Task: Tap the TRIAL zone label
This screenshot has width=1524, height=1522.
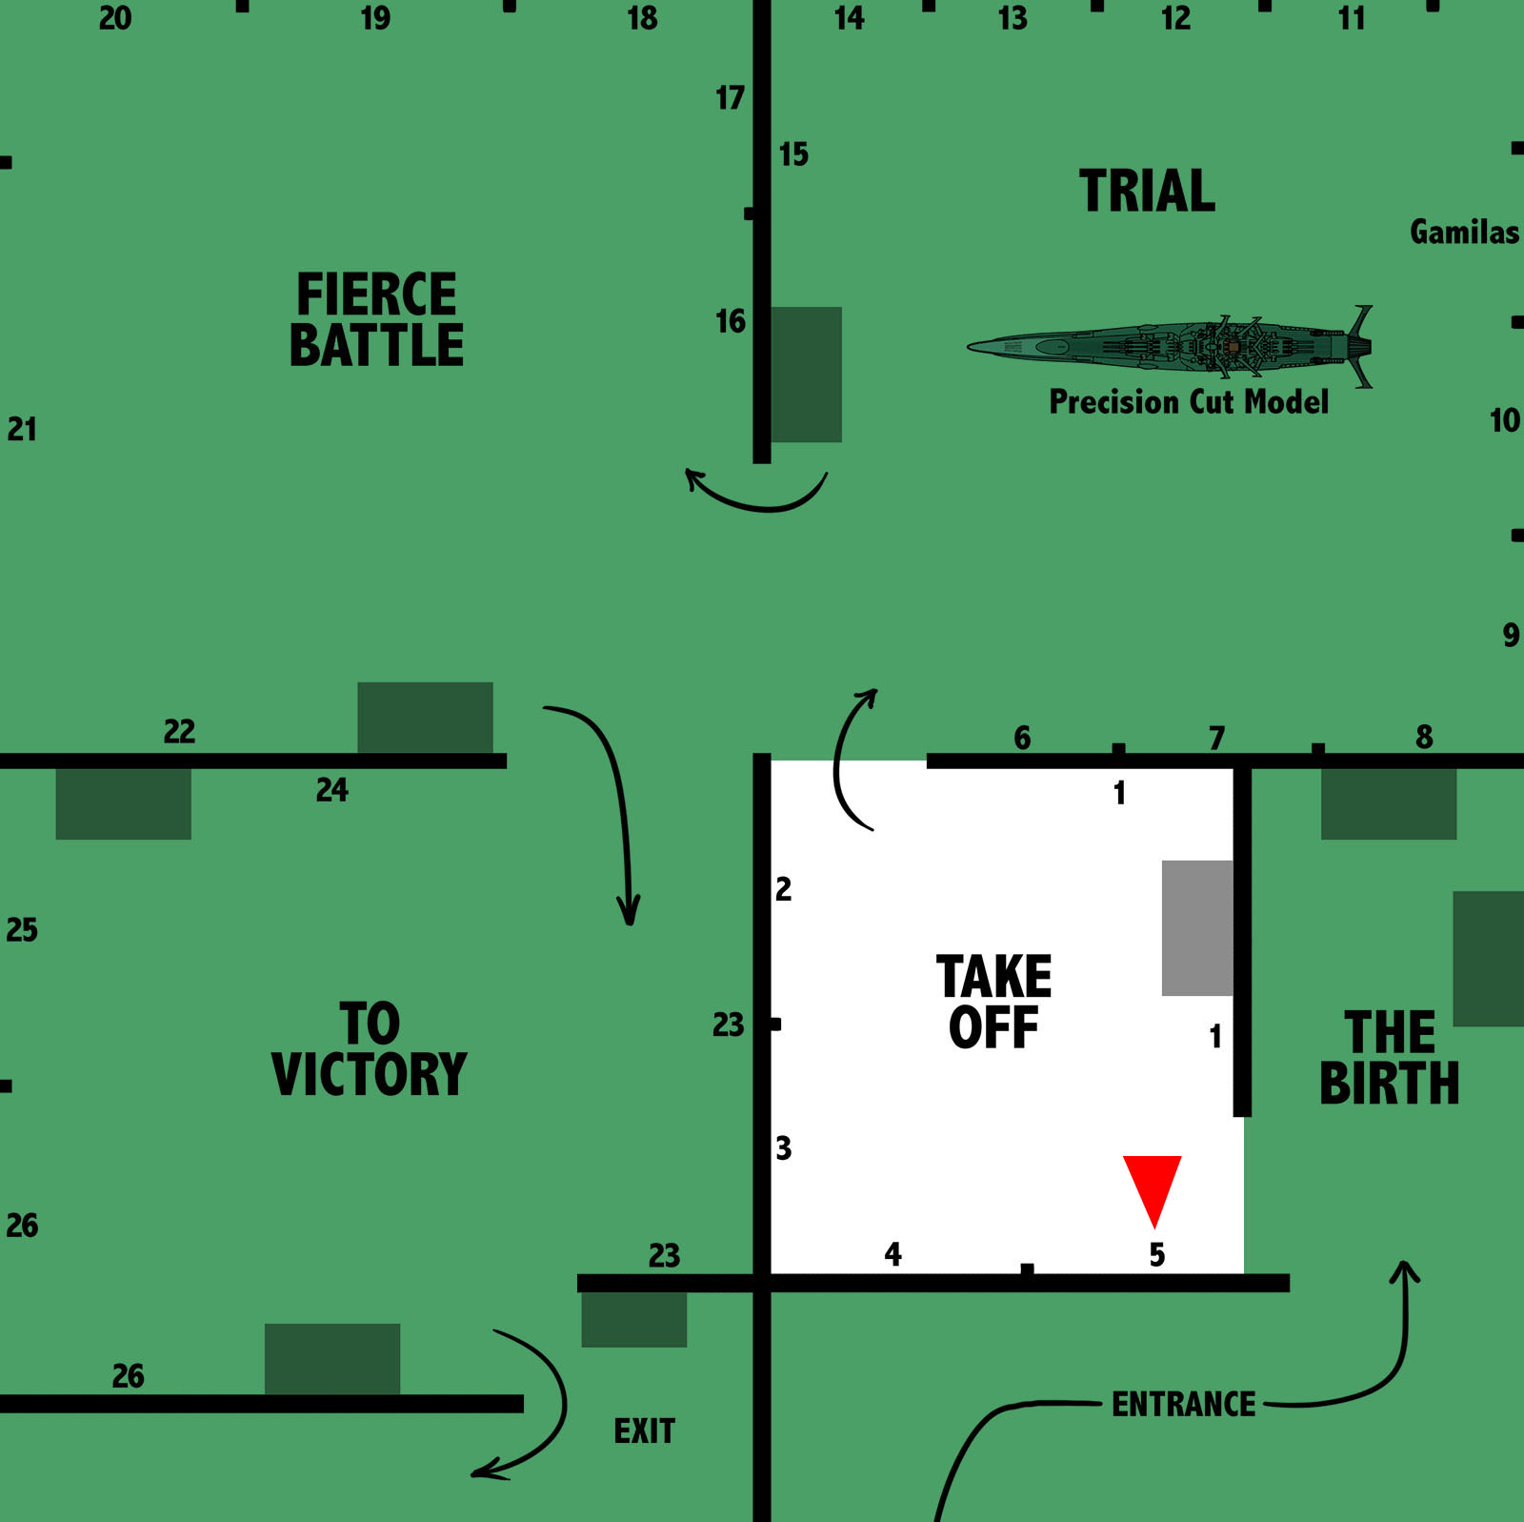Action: [1147, 191]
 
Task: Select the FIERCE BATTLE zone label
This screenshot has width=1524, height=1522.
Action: [376, 319]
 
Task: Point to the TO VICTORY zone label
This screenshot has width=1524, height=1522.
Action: [370, 1049]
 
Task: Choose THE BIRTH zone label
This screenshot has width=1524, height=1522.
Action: [1389, 1058]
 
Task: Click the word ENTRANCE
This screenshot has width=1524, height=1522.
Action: [1183, 1404]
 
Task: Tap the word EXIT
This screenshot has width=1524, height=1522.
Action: [644, 1431]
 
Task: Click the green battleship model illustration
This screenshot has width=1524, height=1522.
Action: [1172, 345]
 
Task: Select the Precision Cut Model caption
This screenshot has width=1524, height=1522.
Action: [1188, 401]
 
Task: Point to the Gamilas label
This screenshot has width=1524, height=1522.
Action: [1464, 232]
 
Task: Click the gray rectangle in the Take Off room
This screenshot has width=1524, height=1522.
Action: [1197, 928]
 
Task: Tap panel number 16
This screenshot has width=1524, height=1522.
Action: [731, 322]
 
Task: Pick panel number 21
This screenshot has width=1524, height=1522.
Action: [22, 430]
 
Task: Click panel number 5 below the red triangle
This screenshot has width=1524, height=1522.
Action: [1157, 1254]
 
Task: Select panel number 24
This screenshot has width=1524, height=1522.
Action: [332, 790]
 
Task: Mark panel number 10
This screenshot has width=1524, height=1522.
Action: [1504, 420]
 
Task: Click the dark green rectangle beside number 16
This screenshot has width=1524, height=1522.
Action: [806, 375]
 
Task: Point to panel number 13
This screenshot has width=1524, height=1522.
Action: [1013, 18]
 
